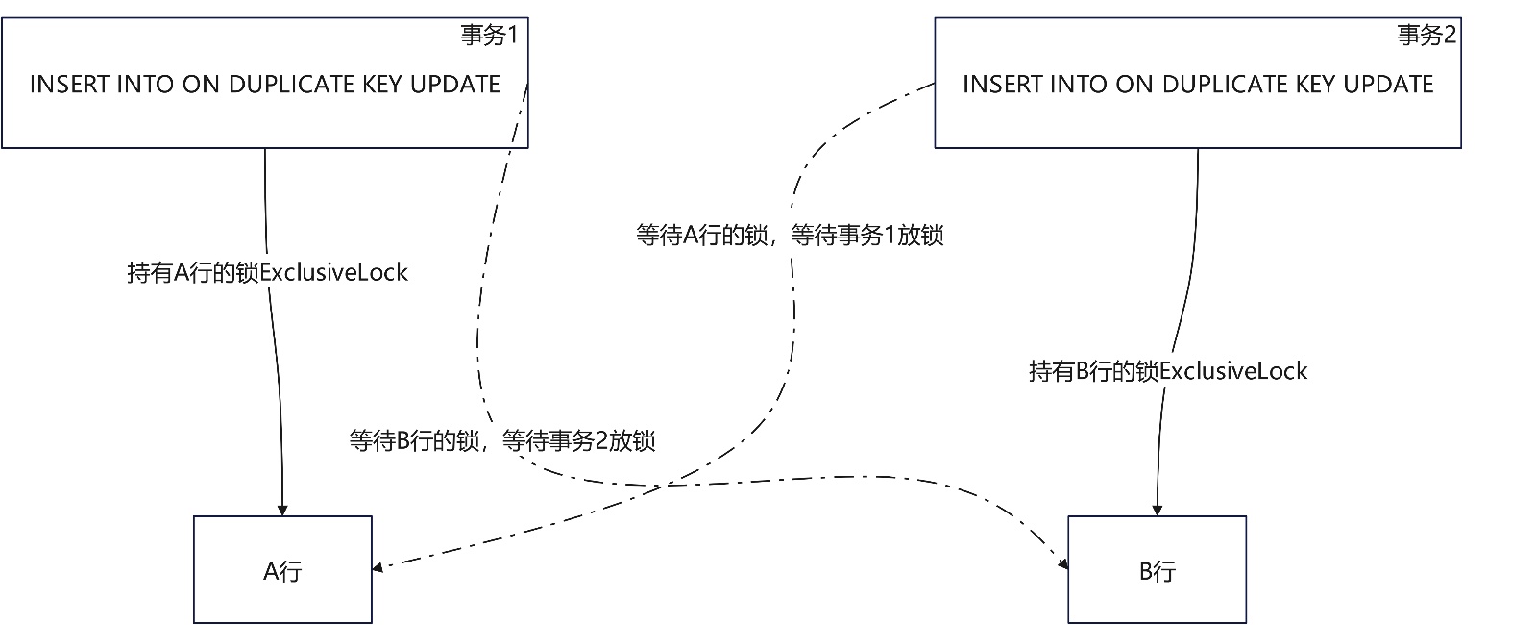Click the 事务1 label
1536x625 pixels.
click(x=489, y=36)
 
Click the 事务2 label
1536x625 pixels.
click(x=1426, y=36)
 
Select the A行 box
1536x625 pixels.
click(x=282, y=570)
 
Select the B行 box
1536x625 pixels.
click(x=1157, y=570)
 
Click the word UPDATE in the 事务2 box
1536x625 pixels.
click(x=1388, y=85)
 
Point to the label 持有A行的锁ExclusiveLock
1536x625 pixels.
click(x=267, y=273)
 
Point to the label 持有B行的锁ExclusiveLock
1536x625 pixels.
click(x=1167, y=371)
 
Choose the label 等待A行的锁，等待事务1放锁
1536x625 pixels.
click(x=790, y=236)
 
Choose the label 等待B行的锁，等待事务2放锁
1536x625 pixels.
click(x=501, y=441)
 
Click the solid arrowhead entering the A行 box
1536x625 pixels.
click(x=282, y=511)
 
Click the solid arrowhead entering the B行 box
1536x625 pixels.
click(x=1157, y=511)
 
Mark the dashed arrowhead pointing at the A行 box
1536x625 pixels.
click(x=378, y=567)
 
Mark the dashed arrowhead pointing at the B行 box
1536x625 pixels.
click(x=1063, y=564)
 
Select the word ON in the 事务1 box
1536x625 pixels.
click(x=201, y=85)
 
